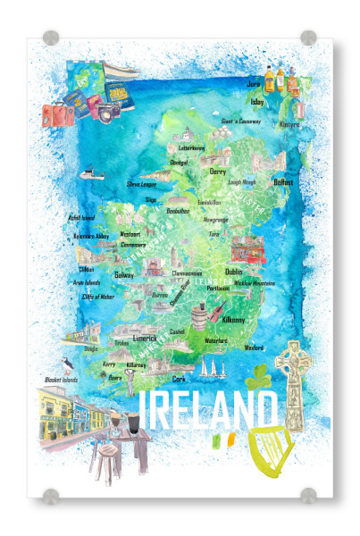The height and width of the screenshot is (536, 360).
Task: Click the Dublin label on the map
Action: point(234,272)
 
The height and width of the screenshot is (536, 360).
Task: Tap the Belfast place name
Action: point(283,181)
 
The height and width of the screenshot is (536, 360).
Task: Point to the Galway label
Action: point(123,275)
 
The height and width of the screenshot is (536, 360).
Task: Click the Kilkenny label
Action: point(236,319)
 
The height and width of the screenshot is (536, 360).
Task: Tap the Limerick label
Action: point(146,339)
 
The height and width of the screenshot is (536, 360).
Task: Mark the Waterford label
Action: point(216,341)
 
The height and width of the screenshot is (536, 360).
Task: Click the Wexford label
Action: point(254,348)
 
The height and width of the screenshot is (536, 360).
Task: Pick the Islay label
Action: point(257,102)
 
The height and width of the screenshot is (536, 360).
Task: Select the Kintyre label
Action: point(288,125)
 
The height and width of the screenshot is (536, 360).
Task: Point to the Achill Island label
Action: point(81,216)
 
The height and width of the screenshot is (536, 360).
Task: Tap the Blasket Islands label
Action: point(63,379)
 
